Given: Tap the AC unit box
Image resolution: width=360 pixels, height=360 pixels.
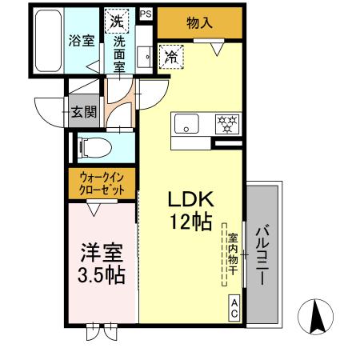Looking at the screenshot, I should click(x=234, y=309).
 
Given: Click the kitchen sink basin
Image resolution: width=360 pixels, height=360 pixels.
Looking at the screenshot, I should click(x=187, y=125).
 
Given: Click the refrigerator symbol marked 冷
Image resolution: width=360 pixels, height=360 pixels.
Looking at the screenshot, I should click(x=170, y=56).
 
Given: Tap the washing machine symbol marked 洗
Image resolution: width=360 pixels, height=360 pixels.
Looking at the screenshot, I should click(x=117, y=22).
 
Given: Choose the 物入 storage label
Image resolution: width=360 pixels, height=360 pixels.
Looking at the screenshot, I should click(x=199, y=24).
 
